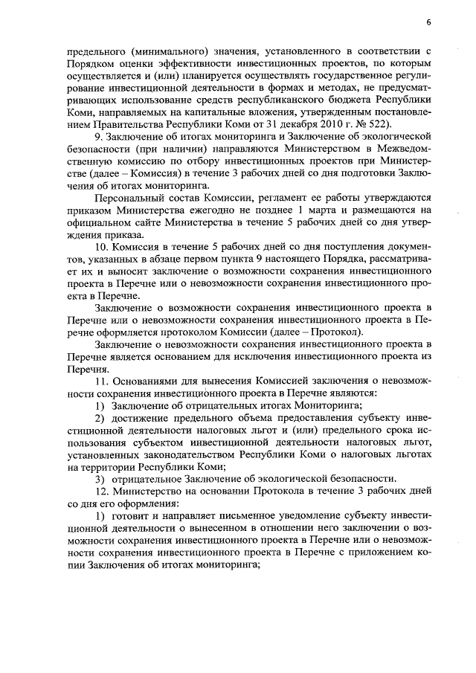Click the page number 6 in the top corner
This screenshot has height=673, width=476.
click(429, 22)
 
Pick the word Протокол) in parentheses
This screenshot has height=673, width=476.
click(339, 331)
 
